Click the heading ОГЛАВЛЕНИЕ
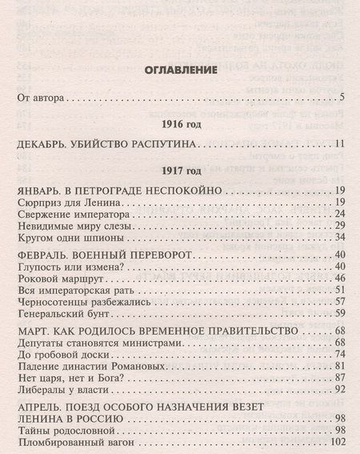(x=179, y=70)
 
